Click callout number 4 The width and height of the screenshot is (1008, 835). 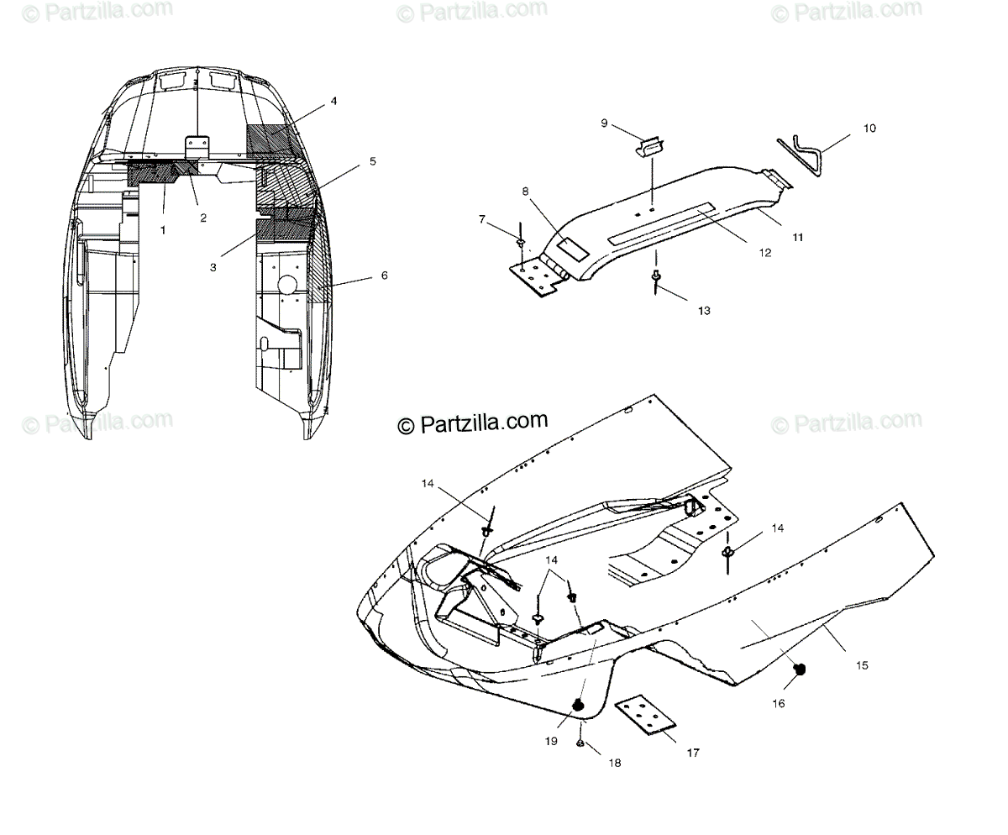pos(333,101)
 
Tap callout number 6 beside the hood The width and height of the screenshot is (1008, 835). pos(384,276)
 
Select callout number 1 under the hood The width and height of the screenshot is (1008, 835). pos(163,228)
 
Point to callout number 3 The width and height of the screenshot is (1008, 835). pos(213,267)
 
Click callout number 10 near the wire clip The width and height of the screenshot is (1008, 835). pos(869,129)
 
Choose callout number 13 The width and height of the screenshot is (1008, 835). pos(703,310)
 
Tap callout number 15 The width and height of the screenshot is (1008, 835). pos(862,665)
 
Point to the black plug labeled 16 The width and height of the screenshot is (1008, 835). pos(801,669)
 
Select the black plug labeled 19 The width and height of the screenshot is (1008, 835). pos(579,704)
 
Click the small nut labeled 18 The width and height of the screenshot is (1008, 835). pos(581,743)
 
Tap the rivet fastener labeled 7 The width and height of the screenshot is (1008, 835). pos(522,244)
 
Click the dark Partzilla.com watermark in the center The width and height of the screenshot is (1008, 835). pos(472,423)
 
